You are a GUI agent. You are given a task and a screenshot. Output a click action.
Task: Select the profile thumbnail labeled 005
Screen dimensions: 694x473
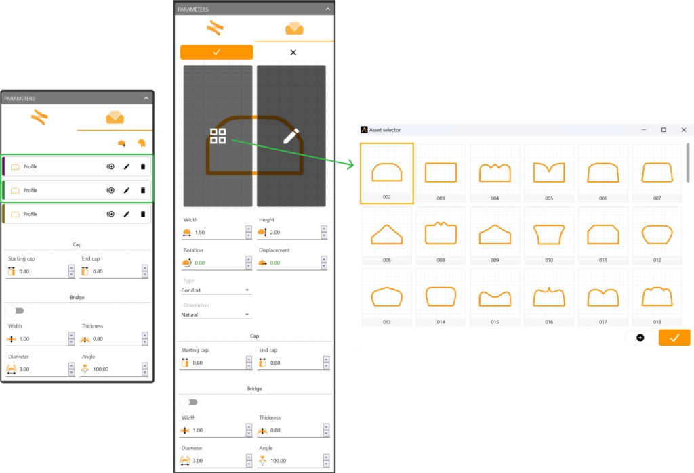549,173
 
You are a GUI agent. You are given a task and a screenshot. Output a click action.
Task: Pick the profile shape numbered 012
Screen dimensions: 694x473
657,235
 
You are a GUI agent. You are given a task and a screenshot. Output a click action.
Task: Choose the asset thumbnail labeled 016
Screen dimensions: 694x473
549,297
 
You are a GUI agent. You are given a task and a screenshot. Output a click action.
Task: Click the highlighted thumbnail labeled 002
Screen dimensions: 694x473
387,173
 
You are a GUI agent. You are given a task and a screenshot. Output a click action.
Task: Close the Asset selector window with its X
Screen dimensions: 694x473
683,129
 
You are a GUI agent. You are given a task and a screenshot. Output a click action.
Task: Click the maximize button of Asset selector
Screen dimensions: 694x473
664,129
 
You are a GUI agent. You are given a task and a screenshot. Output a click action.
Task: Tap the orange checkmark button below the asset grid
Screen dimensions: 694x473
674,338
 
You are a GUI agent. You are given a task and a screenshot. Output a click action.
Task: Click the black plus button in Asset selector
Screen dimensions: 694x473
640,338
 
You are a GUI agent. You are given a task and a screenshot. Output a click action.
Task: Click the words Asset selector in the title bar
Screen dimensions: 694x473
385,129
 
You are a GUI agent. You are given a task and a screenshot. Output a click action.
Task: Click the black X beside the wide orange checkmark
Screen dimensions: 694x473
293,52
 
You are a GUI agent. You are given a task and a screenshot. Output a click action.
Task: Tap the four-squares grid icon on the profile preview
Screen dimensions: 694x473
218,136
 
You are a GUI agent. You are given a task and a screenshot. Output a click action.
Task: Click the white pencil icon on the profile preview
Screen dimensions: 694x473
291,136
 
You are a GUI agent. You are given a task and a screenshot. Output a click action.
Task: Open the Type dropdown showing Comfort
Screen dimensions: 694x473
216,290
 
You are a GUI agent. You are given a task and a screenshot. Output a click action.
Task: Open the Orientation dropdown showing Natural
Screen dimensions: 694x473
216,315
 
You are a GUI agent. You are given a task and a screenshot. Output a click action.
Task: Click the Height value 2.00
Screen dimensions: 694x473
275,232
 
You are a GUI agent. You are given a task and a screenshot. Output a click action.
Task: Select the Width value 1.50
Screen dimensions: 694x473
200,232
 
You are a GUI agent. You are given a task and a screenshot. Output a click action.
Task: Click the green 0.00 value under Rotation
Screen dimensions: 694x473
200,263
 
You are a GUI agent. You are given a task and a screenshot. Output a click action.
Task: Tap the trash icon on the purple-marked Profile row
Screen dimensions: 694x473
142,166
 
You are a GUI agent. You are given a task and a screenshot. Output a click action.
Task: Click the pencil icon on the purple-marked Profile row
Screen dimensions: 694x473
127,166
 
